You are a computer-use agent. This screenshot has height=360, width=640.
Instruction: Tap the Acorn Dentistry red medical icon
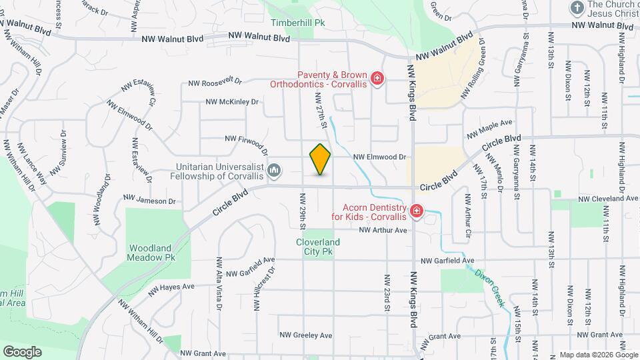point(417,212)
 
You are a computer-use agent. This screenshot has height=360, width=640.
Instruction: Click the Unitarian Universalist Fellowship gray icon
point(274,172)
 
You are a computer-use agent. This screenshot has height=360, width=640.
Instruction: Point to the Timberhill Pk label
point(297,22)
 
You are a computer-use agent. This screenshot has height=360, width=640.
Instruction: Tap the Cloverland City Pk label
point(318,247)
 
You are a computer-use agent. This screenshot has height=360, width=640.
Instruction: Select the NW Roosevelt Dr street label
point(215,83)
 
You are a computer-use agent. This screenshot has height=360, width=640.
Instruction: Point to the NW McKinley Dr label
point(231,102)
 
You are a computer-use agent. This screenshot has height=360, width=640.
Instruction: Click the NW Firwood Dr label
point(246,143)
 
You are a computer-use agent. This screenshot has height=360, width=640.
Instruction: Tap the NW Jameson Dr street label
point(149,200)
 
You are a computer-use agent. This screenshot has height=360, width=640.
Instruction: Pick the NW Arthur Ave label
point(382,231)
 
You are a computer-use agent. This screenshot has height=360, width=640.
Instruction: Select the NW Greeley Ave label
point(305,335)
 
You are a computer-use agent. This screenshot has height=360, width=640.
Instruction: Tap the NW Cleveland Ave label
point(607,199)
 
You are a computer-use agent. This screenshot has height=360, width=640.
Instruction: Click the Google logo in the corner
point(22,351)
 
